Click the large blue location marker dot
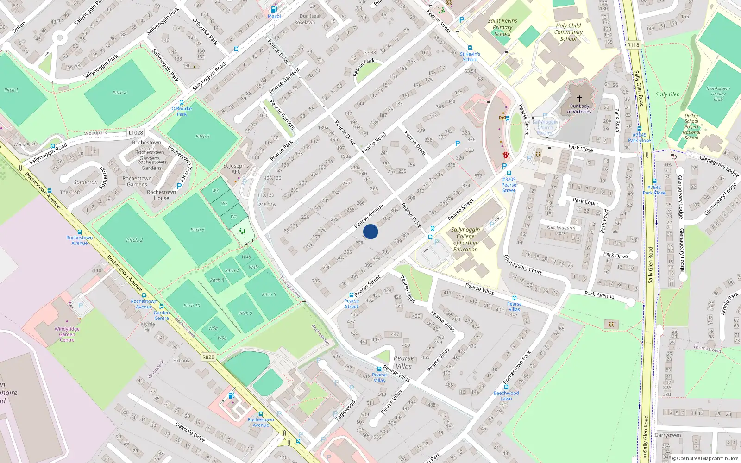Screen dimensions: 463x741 point(370,231)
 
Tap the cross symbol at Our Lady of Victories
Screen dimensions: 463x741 point(579,98)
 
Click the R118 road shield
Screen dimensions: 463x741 point(633,45)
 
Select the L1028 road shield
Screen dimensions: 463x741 point(136,132)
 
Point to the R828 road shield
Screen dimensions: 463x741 point(208,357)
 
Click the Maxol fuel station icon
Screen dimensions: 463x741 point(274,9)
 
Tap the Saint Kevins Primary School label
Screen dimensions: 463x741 point(502,27)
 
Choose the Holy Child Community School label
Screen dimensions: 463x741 point(568,32)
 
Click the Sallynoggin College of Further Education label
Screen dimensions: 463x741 point(465,239)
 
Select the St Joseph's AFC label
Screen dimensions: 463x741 point(236,169)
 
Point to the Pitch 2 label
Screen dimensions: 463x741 point(134,240)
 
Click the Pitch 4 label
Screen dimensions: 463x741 point(119,93)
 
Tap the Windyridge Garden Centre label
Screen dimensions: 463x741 point(67,334)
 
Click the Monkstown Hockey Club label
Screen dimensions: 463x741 point(718,94)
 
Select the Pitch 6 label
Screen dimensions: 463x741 point(269,294)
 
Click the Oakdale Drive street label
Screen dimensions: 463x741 point(190,432)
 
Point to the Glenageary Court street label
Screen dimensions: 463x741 point(522,264)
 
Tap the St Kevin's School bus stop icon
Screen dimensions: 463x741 point(470,48)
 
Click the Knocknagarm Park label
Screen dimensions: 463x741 point(561,230)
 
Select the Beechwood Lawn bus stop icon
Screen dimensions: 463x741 point(506,387)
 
